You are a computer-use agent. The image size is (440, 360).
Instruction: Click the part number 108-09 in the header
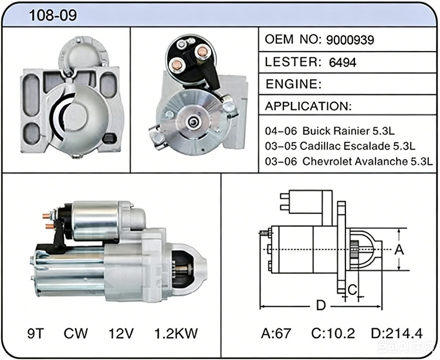click(x=53, y=15)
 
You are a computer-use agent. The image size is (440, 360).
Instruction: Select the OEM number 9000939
click(x=350, y=40)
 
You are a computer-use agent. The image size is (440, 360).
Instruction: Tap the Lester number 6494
click(x=343, y=62)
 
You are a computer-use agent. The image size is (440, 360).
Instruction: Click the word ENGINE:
click(x=293, y=84)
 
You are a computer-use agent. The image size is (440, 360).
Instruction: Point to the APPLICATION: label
click(x=308, y=106)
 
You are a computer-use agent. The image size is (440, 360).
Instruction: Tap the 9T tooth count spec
click(x=36, y=334)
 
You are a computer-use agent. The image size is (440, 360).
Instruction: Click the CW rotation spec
click(x=76, y=334)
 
